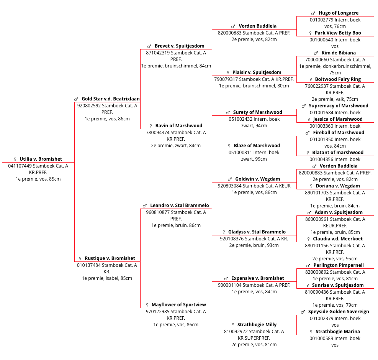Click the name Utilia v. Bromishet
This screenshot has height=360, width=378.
click(x=41, y=159)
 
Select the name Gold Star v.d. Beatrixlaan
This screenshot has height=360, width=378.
click(x=111, y=99)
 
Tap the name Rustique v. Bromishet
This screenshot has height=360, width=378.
click(x=110, y=258)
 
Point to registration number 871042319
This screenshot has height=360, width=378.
click(x=158, y=53)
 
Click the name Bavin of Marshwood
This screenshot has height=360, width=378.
click(x=179, y=126)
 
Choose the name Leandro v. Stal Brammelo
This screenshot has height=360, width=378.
click(x=180, y=205)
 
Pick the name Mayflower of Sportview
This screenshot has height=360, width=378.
click(x=179, y=305)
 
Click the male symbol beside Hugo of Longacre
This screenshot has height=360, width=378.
click(x=313, y=13)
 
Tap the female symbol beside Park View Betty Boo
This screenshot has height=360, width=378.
click(x=311, y=33)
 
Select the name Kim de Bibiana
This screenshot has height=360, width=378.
click(x=339, y=53)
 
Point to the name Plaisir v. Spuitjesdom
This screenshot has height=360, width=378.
click(x=257, y=72)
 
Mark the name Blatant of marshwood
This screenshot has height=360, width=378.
click(x=338, y=153)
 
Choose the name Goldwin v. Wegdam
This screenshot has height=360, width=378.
click(x=258, y=179)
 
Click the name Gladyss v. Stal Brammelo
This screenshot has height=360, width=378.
click(x=257, y=232)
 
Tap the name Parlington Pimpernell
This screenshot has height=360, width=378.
click(x=339, y=265)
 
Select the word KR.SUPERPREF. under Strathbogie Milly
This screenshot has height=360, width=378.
click(x=254, y=338)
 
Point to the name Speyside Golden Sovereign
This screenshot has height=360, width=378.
click(x=339, y=312)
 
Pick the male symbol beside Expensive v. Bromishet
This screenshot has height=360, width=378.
click(x=226, y=278)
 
